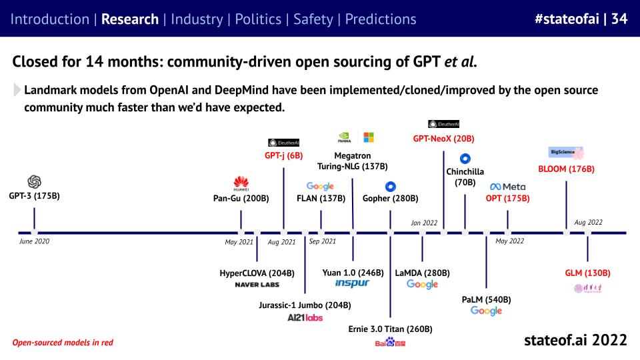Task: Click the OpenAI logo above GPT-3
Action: (35, 181)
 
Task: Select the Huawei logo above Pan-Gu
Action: (241, 183)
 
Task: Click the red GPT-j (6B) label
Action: (283, 155)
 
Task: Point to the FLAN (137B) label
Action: (321, 198)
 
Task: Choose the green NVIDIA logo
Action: (345, 137)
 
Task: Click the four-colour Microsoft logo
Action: (368, 137)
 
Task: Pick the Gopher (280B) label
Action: (390, 198)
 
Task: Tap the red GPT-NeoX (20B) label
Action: (444, 138)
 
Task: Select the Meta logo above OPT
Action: (508, 187)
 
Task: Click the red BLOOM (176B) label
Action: (566, 169)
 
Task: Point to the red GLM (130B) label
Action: (587, 273)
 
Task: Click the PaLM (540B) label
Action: (486, 299)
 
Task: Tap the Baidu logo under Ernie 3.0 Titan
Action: (390, 343)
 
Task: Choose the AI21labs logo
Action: (305, 317)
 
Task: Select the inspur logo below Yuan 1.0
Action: (352, 283)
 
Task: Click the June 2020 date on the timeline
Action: (35, 241)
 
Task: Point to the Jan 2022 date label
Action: (423, 223)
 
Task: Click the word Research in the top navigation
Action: (131, 19)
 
